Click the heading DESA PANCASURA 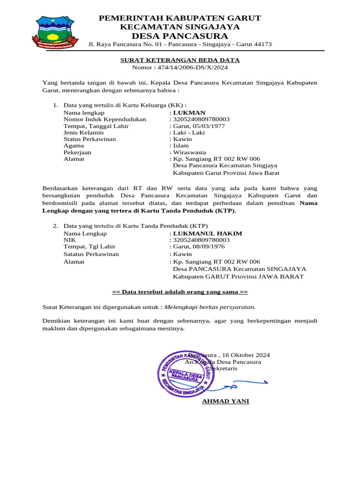tap(180, 37)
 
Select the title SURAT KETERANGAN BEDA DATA tap(180, 60)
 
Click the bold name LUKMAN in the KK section tap(189, 113)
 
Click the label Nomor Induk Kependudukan tap(105, 120)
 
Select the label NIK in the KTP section tap(69, 240)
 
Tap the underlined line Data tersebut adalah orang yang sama tap(180, 292)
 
